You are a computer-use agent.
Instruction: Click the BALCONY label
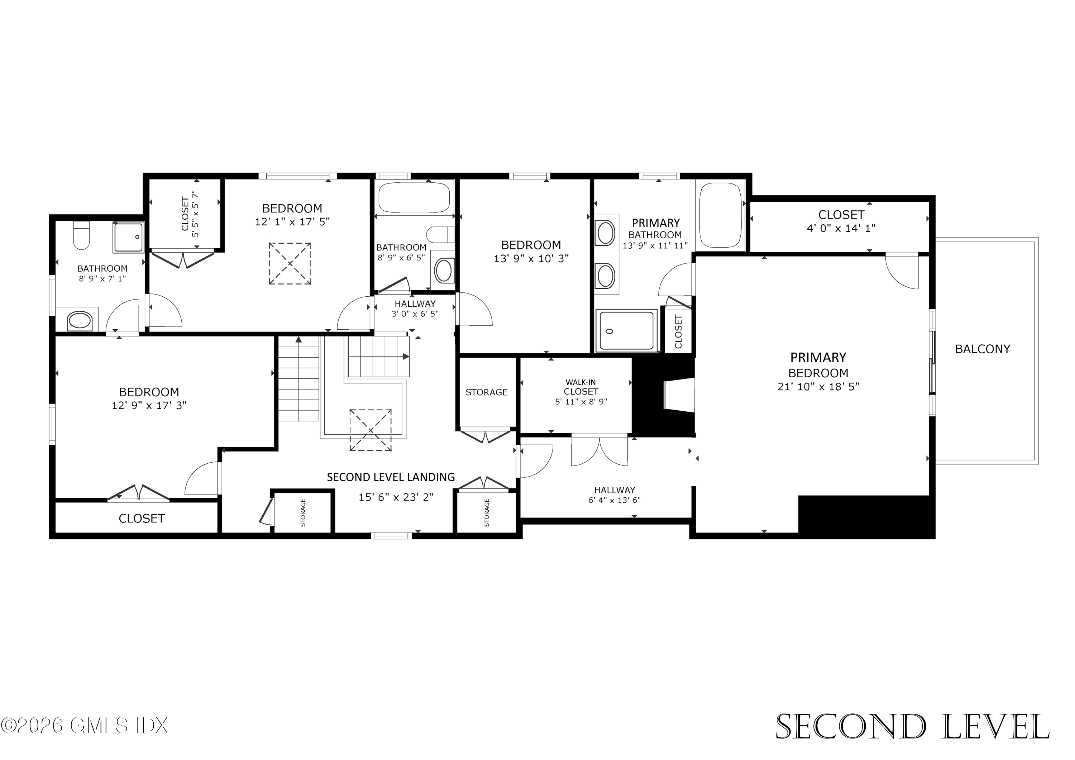982,349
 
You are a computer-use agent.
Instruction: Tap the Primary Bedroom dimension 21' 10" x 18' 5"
818,387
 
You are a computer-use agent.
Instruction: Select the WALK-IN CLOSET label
580,387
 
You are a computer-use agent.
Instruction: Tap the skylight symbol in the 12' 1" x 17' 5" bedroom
290,263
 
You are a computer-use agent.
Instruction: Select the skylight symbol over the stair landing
371,430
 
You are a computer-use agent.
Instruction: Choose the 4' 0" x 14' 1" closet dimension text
841,228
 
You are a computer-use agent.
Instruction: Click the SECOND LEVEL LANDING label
391,477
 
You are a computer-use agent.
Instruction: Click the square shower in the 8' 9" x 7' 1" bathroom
128,238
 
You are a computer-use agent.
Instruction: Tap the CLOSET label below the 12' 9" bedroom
142,518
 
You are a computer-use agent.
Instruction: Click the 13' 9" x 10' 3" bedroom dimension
531,258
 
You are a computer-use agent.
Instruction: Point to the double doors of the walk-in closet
599,450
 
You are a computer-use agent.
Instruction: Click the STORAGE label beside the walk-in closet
487,392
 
